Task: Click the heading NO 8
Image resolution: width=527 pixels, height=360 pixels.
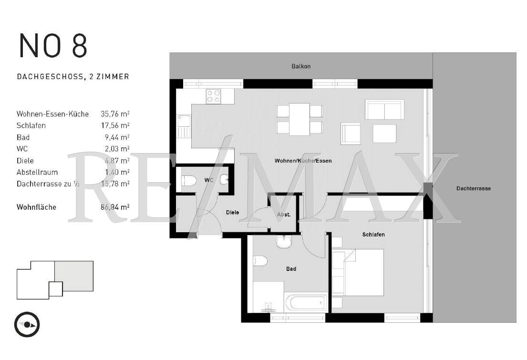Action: (x=53, y=46)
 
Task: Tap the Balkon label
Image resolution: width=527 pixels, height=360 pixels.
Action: (x=301, y=66)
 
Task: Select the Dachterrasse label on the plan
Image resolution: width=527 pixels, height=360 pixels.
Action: (x=473, y=188)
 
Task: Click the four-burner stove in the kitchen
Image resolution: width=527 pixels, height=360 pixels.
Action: (x=213, y=96)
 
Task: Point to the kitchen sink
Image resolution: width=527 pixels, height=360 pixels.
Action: (x=183, y=126)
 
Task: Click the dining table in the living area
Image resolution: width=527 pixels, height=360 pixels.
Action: (x=300, y=119)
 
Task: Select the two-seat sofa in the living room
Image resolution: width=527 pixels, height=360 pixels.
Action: (x=384, y=109)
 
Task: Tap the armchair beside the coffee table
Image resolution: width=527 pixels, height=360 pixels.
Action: (x=351, y=133)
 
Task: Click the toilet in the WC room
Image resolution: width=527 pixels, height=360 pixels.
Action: (x=188, y=181)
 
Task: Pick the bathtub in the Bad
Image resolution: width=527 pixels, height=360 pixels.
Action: (x=306, y=302)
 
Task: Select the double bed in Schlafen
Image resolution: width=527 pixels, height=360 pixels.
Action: (x=363, y=272)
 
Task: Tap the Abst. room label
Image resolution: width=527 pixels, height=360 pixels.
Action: (x=284, y=215)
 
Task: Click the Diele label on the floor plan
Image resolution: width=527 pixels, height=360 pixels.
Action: (x=233, y=212)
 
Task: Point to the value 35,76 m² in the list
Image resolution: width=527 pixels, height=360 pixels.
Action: (x=115, y=114)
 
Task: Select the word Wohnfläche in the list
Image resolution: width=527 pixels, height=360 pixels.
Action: (x=36, y=207)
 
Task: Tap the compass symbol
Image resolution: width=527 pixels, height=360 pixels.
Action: (x=27, y=325)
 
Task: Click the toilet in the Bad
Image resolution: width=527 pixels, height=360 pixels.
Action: (x=260, y=261)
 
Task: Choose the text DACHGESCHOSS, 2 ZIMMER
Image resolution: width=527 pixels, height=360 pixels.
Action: (x=73, y=76)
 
